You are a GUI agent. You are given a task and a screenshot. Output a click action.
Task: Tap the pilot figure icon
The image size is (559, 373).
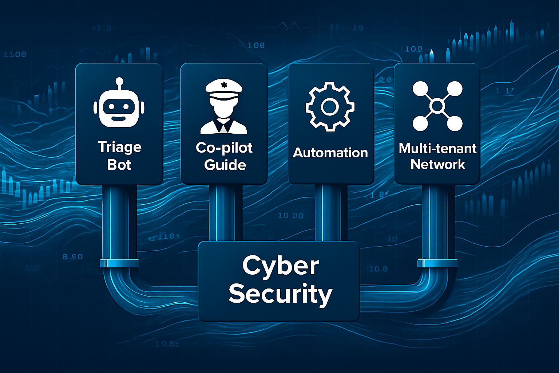[x=224, y=107]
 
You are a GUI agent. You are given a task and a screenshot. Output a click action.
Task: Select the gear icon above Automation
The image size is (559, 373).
[x=330, y=107]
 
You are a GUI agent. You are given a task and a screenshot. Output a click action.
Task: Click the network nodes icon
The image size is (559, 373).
[x=437, y=106]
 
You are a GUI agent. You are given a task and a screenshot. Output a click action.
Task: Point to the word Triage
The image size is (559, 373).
[x=120, y=147]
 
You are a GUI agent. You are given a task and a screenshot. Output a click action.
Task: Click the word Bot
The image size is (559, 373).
[x=119, y=165]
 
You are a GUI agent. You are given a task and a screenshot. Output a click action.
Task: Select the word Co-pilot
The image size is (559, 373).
[x=224, y=148]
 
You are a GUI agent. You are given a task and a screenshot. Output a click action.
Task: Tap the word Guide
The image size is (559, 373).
[x=225, y=165]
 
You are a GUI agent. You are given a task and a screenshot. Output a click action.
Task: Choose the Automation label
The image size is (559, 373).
[x=330, y=153]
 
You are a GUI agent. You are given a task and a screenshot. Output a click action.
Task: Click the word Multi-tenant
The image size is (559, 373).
[x=437, y=148]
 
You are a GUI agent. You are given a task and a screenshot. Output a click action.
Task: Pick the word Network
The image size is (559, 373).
[x=438, y=165]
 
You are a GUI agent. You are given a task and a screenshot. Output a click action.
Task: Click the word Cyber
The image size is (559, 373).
[x=281, y=266]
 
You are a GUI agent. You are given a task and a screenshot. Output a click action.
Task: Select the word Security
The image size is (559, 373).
[x=280, y=294]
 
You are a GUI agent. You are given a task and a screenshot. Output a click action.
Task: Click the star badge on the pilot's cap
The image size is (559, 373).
[x=224, y=85]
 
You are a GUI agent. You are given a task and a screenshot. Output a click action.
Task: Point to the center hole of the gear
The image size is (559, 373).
[x=330, y=107]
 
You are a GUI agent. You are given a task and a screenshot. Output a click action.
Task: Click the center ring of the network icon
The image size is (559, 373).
[x=437, y=106]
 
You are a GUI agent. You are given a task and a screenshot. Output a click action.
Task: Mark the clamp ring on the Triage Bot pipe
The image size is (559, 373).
[x=119, y=263]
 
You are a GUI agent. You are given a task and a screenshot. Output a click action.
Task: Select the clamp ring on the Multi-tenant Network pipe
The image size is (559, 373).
[x=437, y=263]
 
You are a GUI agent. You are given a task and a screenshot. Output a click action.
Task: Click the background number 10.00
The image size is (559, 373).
[x=291, y=216]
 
